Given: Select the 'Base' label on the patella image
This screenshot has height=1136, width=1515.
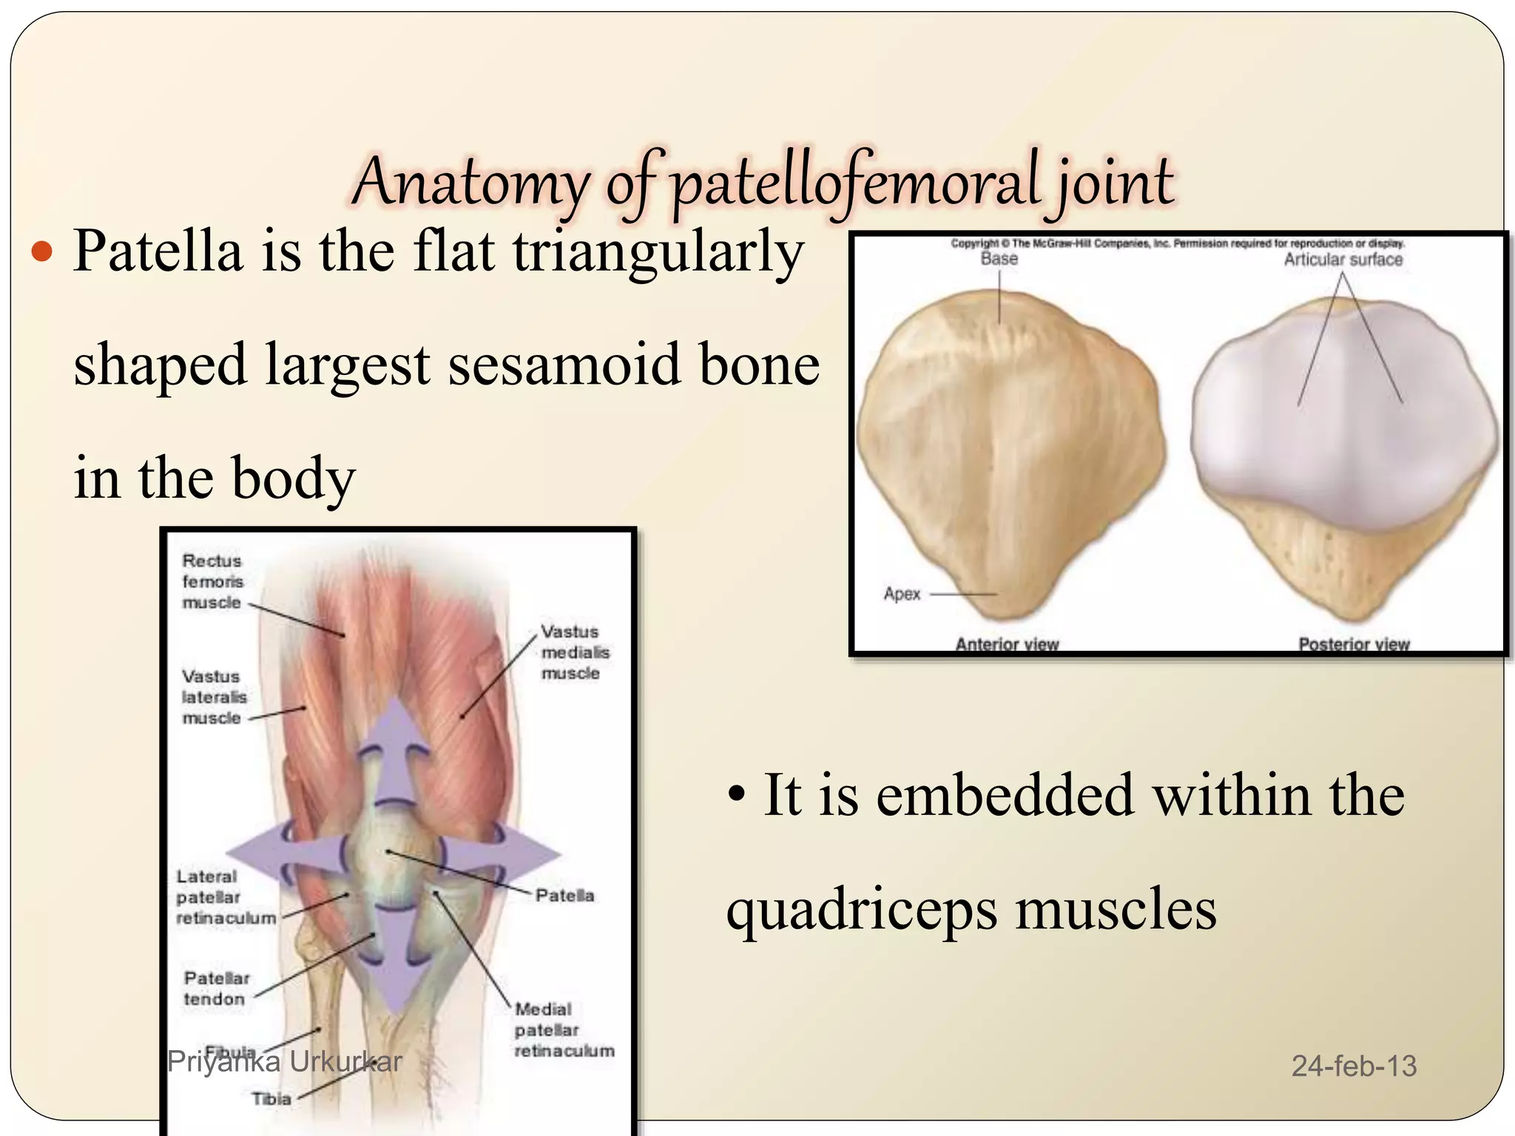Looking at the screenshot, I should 999,259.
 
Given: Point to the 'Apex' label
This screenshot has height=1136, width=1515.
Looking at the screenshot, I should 902,594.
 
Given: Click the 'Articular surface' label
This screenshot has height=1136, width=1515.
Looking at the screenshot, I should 1343,260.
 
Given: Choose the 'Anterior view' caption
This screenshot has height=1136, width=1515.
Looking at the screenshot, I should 1006,644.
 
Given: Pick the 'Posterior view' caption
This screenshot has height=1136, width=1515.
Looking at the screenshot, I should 1354,644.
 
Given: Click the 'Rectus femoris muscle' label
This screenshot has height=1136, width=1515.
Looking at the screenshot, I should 212,581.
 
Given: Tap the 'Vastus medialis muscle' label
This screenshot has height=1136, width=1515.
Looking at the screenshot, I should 575,652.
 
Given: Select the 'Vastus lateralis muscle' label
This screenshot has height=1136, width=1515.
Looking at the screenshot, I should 214,697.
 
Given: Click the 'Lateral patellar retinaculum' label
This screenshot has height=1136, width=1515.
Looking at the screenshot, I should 225,897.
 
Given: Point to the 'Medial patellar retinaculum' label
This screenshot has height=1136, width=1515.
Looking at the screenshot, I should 564,1029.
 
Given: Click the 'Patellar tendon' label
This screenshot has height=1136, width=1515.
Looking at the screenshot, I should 216,988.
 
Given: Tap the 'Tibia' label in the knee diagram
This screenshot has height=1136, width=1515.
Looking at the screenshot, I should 271,1099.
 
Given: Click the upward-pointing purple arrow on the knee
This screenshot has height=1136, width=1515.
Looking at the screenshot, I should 397,740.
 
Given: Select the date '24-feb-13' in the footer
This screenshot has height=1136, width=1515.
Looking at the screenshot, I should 1354,1066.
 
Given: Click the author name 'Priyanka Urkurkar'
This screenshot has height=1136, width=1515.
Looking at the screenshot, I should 285,1062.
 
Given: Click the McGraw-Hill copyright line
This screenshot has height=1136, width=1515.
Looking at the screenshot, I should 1178,243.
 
